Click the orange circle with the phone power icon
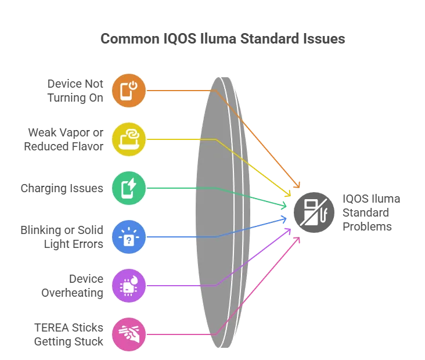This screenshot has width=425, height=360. click(129, 91)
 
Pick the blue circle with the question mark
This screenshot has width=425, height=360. click(129, 237)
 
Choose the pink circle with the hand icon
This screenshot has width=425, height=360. click(129, 334)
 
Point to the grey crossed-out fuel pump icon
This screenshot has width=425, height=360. click(315, 212)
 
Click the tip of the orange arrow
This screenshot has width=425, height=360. click(300, 186)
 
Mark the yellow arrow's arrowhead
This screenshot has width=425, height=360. click(291, 196)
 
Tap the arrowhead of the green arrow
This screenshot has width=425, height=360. click(287, 206)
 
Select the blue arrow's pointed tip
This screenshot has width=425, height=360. click(287, 218)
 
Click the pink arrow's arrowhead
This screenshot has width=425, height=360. click(300, 238)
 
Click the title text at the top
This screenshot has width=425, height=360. click(222, 39)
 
